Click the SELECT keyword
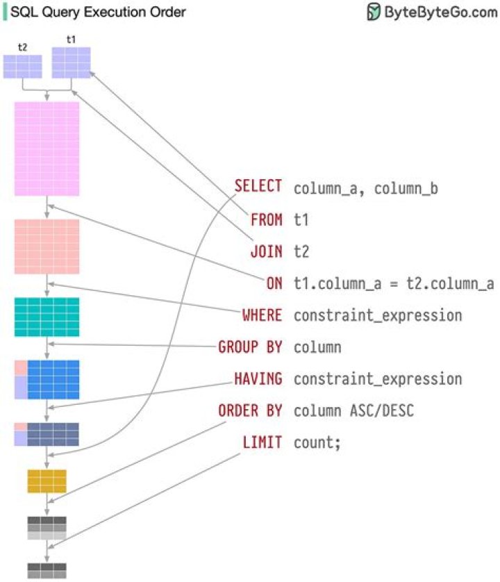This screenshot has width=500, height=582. point(258,187)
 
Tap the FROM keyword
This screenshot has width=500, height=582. point(267,219)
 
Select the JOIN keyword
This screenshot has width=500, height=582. point(267,251)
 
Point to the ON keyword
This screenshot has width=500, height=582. point(274,283)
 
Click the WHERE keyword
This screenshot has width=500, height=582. point(262,315)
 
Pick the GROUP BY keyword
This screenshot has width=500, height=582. point(250,347)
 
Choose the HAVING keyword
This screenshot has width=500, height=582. point(258,379)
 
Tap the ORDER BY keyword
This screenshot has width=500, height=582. point(250,410)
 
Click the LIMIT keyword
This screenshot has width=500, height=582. point(262,442)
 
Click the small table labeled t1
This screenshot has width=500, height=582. point(72,63)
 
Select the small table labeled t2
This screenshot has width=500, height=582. point(23,67)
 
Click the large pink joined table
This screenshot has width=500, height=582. point(47,149)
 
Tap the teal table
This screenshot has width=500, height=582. point(47,317)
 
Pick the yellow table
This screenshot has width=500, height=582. point(47,481)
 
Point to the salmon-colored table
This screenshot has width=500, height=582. point(47,247)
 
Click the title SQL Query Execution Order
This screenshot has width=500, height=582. point(98,12)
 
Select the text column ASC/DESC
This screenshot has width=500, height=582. point(353,410)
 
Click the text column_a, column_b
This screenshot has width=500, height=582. point(366,188)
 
